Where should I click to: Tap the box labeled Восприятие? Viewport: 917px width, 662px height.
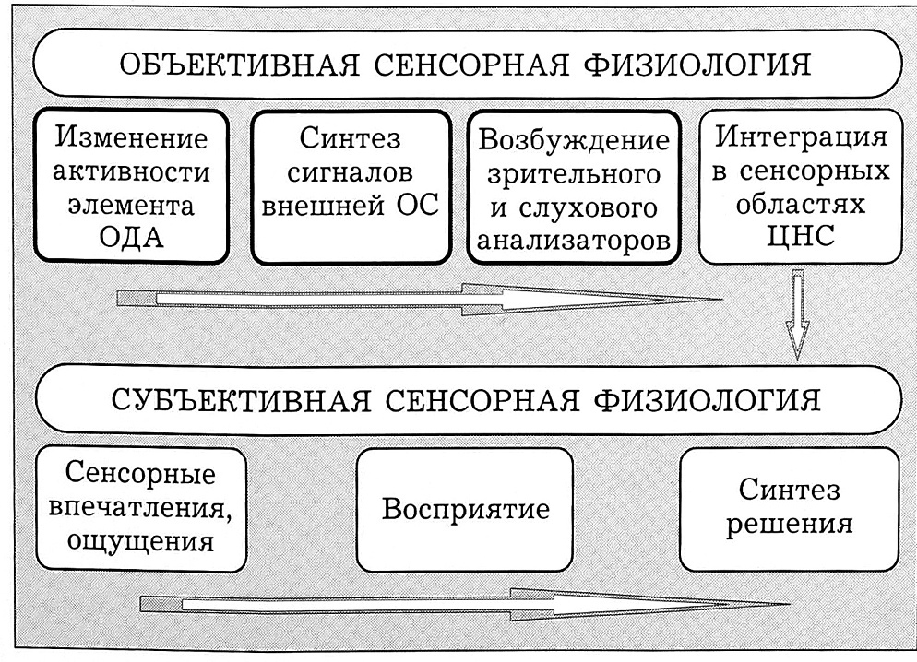[465, 509]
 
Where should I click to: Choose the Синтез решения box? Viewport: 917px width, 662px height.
[788, 509]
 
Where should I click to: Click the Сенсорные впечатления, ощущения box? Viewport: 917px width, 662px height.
[141, 509]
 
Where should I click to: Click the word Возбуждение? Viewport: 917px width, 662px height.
[574, 144]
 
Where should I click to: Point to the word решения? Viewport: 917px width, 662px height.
[788, 526]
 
